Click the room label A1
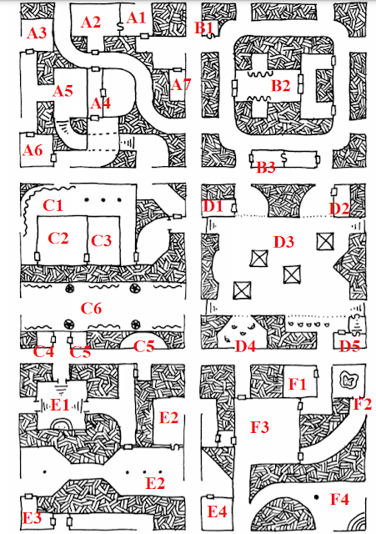coord(136,18)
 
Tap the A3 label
coord(37,33)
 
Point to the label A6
coord(33,150)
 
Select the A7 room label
coord(181,84)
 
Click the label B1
coord(203,28)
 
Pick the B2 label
coord(281,86)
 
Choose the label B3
coord(266,167)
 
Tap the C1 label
coord(53,205)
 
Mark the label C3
coord(102,241)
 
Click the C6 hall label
coord(91,309)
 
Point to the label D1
coord(213,206)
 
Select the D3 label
coord(283,242)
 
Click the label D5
coord(350,346)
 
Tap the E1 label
coord(60,405)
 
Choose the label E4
coord(217,511)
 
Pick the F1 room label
coord(298,384)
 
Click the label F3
coord(259,427)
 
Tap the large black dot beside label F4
coord(317,497)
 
